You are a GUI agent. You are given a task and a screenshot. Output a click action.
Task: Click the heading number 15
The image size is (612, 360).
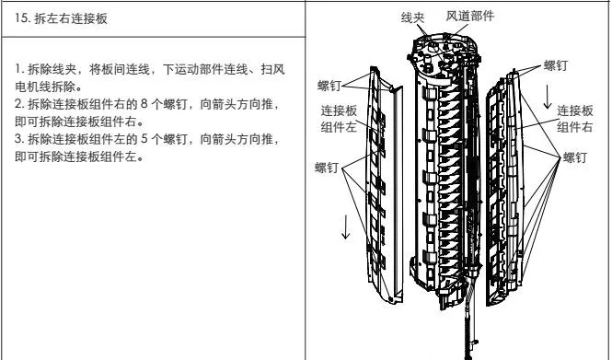[x=20, y=18]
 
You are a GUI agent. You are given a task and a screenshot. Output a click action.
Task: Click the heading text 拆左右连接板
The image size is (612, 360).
[x=71, y=18]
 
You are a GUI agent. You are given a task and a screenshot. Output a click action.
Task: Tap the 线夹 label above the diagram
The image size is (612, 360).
[x=412, y=17]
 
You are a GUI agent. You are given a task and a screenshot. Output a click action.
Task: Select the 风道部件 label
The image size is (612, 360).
[x=470, y=16]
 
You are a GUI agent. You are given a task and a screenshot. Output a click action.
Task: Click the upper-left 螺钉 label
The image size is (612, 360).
[x=329, y=86]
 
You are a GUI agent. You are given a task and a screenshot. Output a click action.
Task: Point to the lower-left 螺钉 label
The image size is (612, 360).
[x=327, y=168]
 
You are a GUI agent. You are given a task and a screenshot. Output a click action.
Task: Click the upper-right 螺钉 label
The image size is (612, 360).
[x=556, y=65]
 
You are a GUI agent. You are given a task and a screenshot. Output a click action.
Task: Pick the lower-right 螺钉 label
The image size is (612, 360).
[x=575, y=157]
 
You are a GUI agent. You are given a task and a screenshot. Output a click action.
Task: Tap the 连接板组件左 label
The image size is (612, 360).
[x=339, y=119]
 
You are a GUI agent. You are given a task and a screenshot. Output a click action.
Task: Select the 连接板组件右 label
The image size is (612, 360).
[x=575, y=119]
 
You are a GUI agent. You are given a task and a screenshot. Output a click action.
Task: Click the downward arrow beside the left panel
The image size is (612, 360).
[x=345, y=226]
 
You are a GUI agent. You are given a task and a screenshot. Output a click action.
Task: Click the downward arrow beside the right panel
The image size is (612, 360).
[x=548, y=97]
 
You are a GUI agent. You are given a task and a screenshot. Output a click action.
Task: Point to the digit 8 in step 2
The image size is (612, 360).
[x=144, y=104]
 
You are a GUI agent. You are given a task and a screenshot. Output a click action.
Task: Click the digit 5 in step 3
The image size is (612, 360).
[x=144, y=139]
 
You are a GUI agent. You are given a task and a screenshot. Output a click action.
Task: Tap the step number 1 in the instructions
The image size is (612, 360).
[x=18, y=69]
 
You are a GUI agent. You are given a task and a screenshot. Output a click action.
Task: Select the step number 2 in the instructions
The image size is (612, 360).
[x=18, y=104]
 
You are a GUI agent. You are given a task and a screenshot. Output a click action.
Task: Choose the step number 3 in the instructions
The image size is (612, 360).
[x=18, y=139]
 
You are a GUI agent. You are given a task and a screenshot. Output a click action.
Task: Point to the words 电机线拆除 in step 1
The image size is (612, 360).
[x=45, y=87]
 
